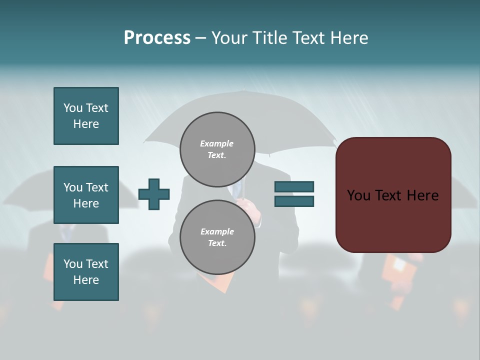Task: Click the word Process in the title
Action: click(x=157, y=38)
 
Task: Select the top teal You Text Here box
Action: click(x=86, y=116)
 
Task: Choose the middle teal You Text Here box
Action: click(x=86, y=195)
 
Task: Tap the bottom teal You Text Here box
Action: click(x=86, y=272)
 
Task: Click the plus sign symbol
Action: click(x=154, y=194)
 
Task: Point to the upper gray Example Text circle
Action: click(x=217, y=149)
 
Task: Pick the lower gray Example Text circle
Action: click(x=217, y=237)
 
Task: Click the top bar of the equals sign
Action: click(x=294, y=187)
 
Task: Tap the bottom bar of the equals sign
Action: click(x=294, y=201)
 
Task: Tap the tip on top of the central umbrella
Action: click(x=242, y=91)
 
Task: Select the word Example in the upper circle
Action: click(x=217, y=143)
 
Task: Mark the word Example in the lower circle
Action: click(x=217, y=231)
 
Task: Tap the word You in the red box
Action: click(x=358, y=195)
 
